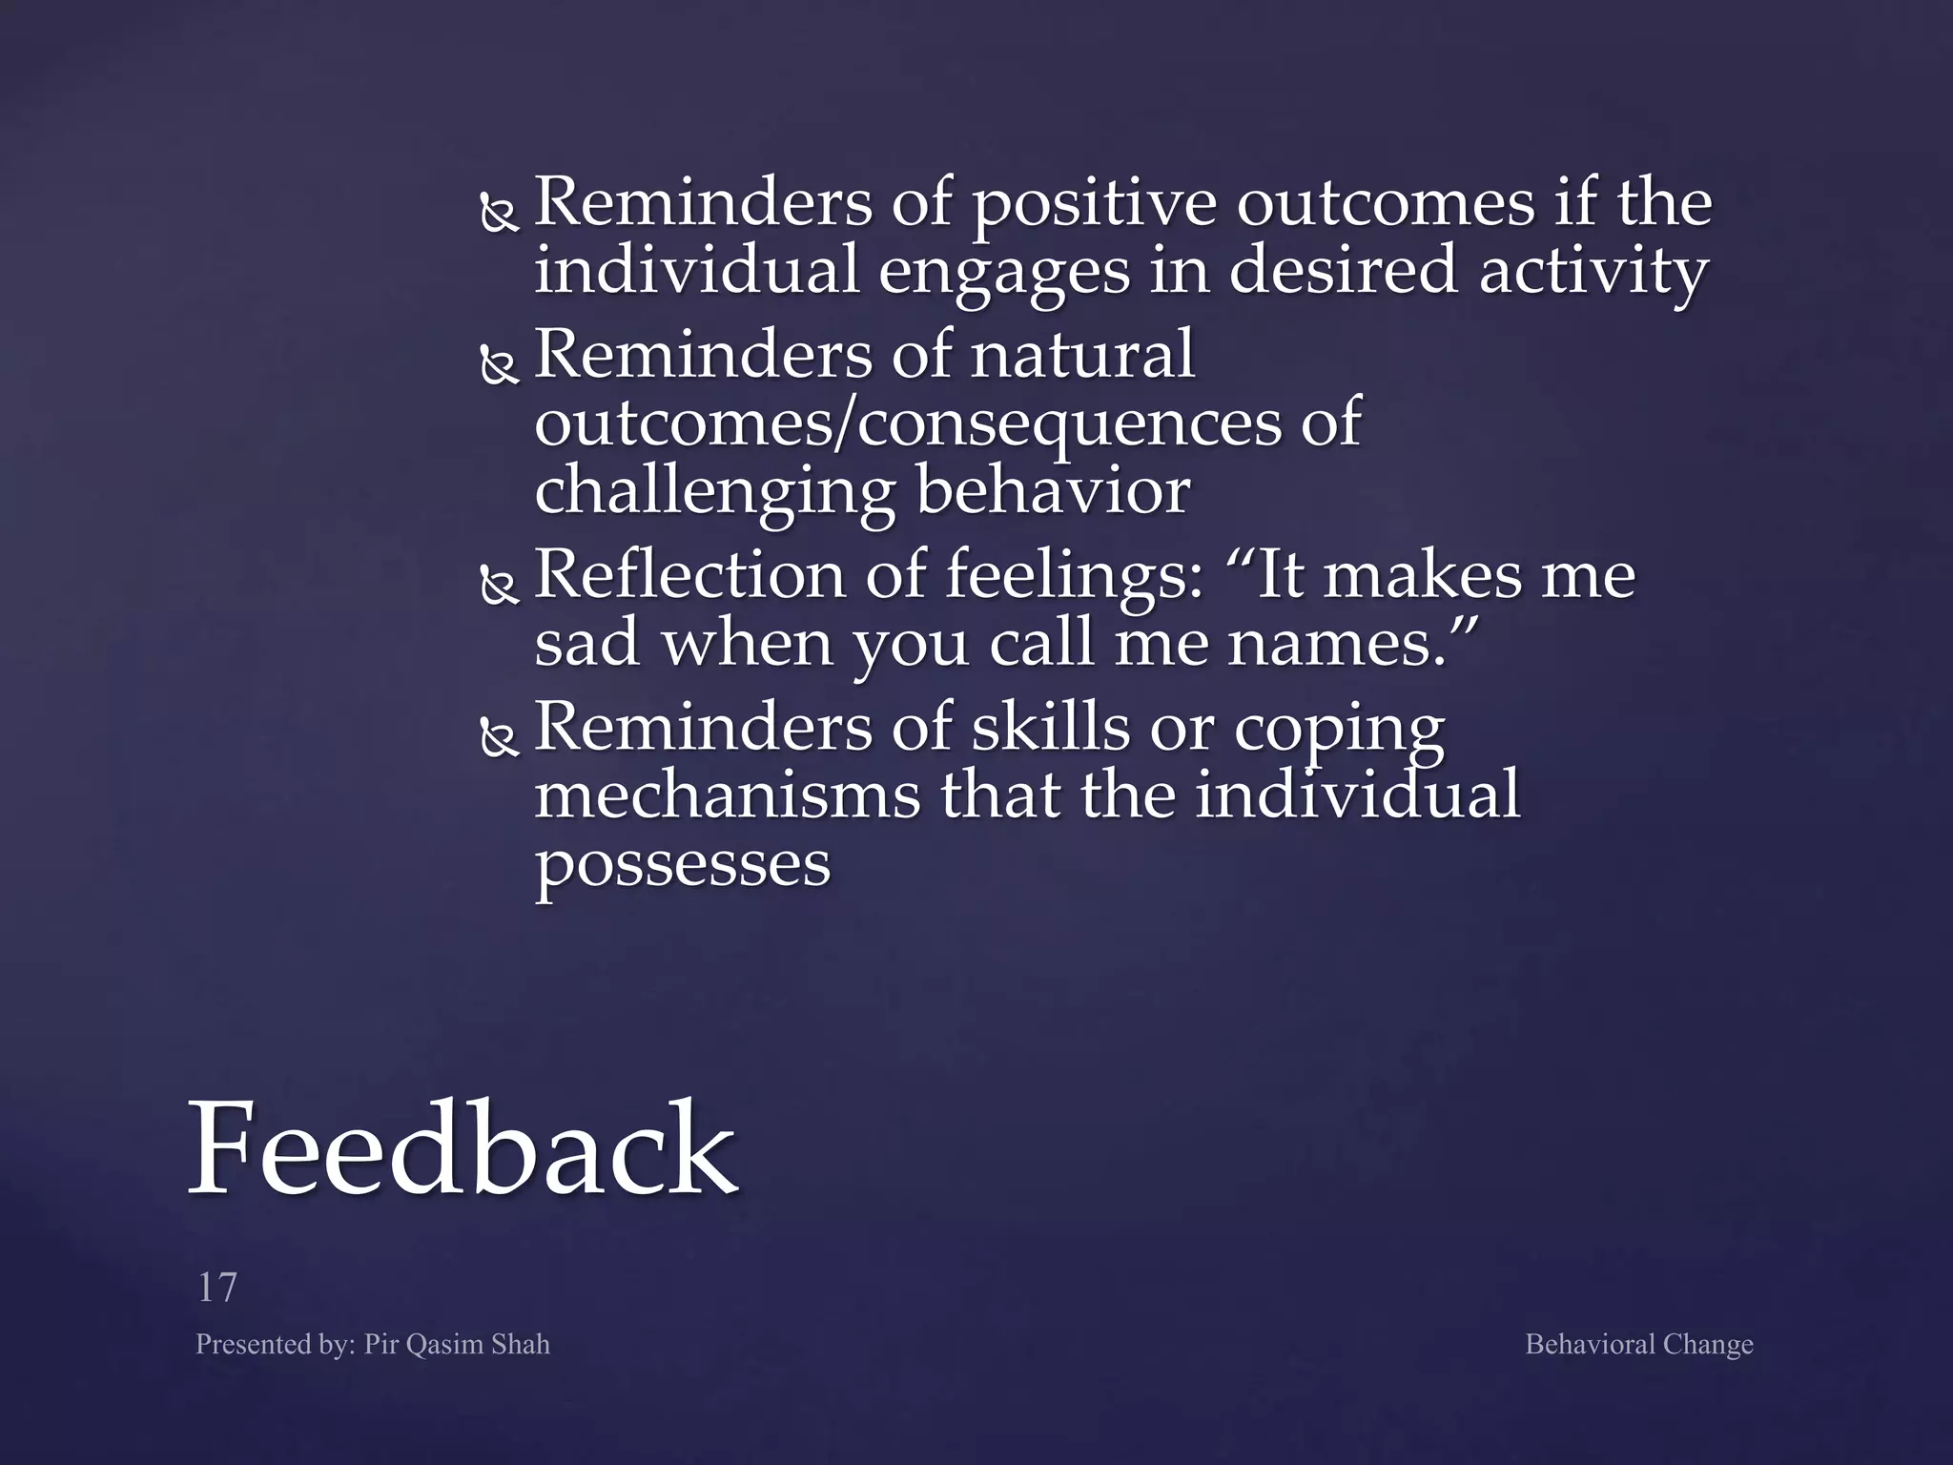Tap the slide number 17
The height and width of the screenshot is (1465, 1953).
pyautogui.click(x=216, y=1288)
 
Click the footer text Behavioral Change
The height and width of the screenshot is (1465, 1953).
pyautogui.click(x=1638, y=1344)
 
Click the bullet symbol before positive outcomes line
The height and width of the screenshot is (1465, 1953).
pyautogui.click(x=499, y=214)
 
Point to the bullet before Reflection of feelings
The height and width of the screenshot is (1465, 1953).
pyautogui.click(x=499, y=586)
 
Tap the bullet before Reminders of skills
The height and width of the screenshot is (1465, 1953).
pyautogui.click(x=499, y=737)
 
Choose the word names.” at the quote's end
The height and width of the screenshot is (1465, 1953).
pyautogui.click(x=1353, y=644)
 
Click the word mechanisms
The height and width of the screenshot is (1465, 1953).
pyautogui.click(x=728, y=796)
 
